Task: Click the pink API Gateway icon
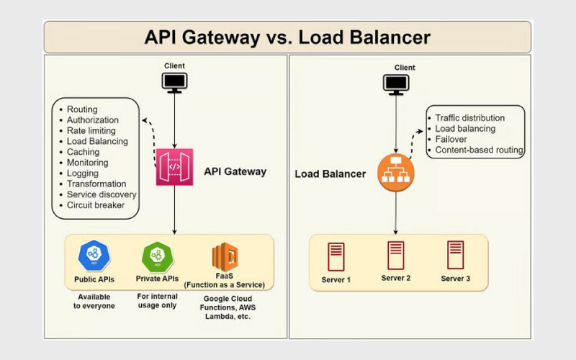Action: click(174, 167)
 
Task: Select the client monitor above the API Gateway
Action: click(174, 83)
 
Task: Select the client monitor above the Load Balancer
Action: click(395, 84)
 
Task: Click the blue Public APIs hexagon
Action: click(94, 254)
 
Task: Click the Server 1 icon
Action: click(335, 256)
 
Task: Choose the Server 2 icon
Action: click(395, 255)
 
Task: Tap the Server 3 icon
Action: click(455, 255)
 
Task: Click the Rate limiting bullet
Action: click(91, 131)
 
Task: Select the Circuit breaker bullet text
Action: click(95, 205)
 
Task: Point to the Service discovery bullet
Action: click(102, 194)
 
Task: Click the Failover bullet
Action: click(452, 140)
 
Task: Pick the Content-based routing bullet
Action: click(479, 150)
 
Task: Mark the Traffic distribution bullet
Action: click(470, 118)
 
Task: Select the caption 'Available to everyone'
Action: click(94, 301)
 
